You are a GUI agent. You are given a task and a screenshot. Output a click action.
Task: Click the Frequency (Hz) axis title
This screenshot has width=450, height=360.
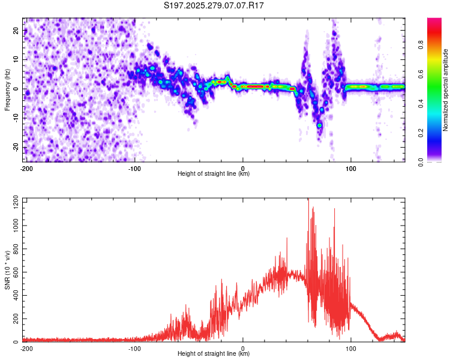(7, 90)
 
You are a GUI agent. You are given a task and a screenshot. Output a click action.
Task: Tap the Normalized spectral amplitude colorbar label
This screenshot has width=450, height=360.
(446, 90)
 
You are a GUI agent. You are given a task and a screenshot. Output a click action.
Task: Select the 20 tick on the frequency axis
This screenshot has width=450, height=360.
(17, 31)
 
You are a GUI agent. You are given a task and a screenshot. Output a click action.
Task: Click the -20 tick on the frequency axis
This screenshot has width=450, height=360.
(16, 148)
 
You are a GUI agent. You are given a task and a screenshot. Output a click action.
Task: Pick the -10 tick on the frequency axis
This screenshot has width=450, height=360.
(16, 118)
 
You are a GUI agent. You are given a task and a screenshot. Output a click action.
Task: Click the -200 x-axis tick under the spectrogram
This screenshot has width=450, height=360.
(26, 169)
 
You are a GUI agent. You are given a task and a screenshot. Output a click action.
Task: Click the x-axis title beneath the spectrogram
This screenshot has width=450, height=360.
(214, 174)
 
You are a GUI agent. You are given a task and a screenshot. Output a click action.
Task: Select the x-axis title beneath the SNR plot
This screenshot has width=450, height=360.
(214, 354)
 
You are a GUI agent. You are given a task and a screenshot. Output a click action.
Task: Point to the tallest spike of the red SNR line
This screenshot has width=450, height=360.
(308, 199)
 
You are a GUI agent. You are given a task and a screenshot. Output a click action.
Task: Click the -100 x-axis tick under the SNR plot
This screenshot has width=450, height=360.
(134, 349)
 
